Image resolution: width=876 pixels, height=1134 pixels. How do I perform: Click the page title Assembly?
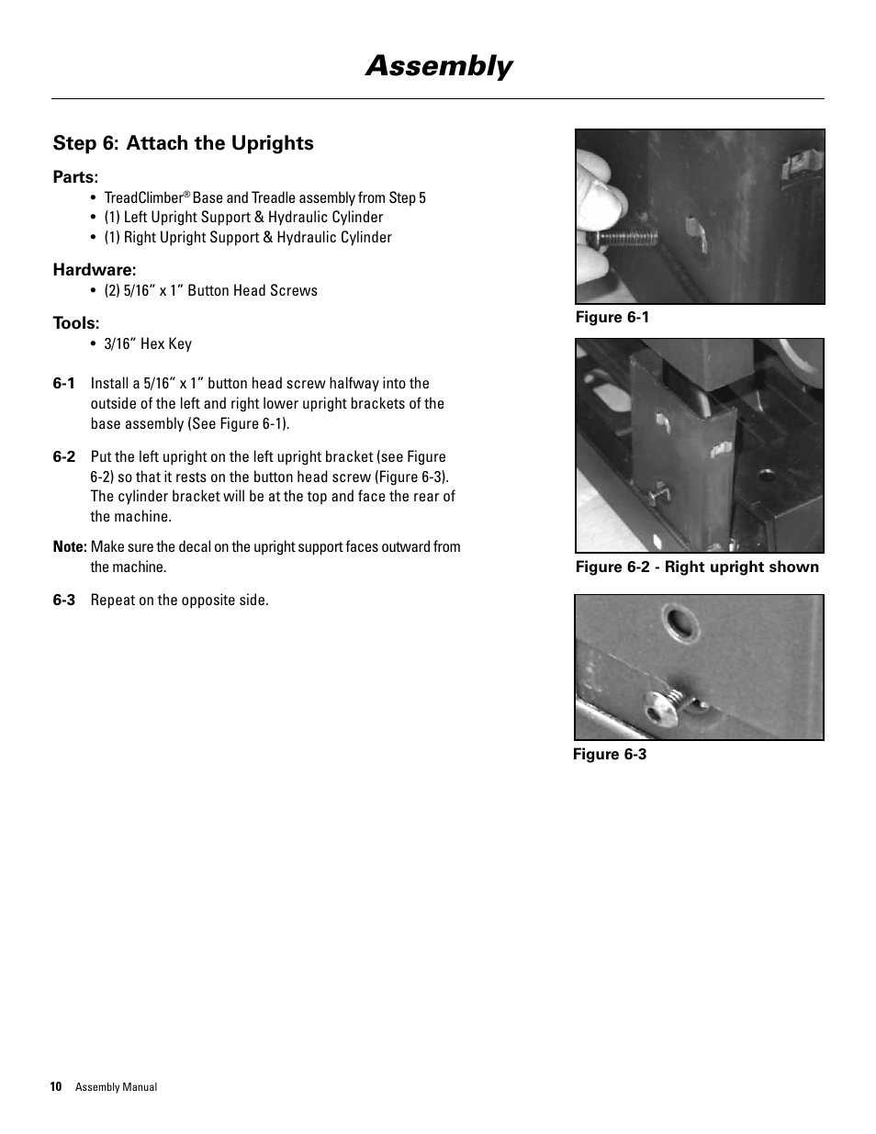(x=438, y=66)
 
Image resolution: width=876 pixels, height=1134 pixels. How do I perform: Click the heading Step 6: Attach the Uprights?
(x=183, y=143)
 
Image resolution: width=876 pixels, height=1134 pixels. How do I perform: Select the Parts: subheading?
(x=75, y=177)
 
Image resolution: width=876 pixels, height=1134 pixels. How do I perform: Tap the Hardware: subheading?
(x=94, y=270)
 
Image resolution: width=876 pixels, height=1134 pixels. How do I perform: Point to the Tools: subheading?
(x=76, y=323)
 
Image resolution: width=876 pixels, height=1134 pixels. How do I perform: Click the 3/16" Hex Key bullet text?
(x=147, y=344)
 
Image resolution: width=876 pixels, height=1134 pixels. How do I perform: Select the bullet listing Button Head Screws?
(x=210, y=291)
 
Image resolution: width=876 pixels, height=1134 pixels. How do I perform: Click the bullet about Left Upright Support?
(x=243, y=218)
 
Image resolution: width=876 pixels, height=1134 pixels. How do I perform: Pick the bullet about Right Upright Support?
(x=247, y=238)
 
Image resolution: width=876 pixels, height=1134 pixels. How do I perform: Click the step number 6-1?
(x=63, y=384)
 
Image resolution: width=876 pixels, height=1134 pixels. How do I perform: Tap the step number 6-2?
(x=63, y=457)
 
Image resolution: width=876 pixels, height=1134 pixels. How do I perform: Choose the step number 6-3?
(x=63, y=601)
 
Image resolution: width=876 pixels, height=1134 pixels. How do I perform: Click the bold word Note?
(x=70, y=547)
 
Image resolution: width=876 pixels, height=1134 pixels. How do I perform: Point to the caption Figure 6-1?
(x=612, y=318)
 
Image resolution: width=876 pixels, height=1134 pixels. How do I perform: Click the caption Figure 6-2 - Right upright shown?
(x=696, y=567)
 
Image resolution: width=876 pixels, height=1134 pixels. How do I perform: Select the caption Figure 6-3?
(x=610, y=755)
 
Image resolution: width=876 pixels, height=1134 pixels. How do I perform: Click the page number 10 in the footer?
(x=56, y=1087)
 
